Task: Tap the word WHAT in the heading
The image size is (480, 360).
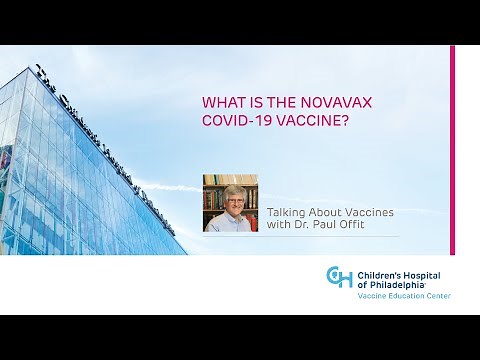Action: (221, 102)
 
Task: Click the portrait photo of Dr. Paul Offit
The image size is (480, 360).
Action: (230, 203)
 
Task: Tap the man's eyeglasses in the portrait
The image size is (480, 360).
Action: (228, 198)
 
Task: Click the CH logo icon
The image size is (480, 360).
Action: (339, 277)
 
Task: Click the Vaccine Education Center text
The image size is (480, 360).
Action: (397, 297)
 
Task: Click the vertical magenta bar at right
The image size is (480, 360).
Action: (452, 150)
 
